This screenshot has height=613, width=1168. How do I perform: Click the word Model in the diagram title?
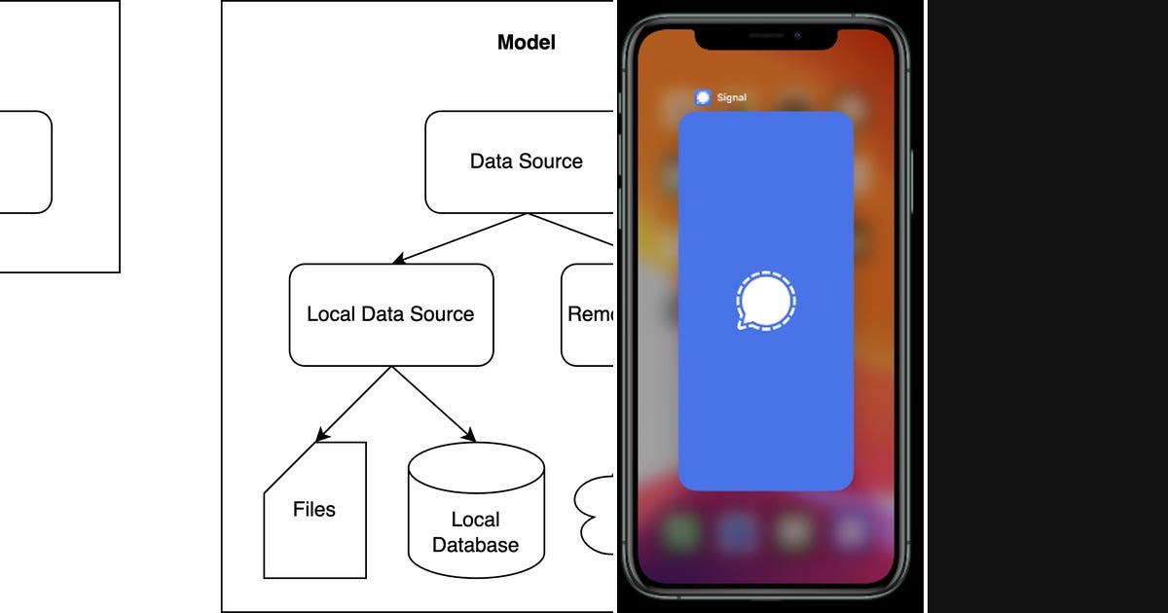[x=526, y=43]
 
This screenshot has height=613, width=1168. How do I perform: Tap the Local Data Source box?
[x=391, y=315]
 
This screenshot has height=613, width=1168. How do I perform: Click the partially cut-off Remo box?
[x=589, y=315]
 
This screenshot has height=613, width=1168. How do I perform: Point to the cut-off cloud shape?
[x=598, y=516]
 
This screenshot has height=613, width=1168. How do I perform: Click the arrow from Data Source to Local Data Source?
[x=457, y=239]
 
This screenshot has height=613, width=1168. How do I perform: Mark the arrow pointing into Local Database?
[x=434, y=405]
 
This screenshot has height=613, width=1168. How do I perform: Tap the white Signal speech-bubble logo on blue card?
[x=765, y=301]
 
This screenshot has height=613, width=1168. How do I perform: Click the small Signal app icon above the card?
[x=704, y=97]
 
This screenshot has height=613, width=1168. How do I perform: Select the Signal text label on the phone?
[x=732, y=98]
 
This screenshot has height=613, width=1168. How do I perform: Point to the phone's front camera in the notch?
[x=796, y=36]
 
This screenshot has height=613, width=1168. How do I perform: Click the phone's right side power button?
[x=913, y=180]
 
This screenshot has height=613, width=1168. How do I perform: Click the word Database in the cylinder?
[x=475, y=545]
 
